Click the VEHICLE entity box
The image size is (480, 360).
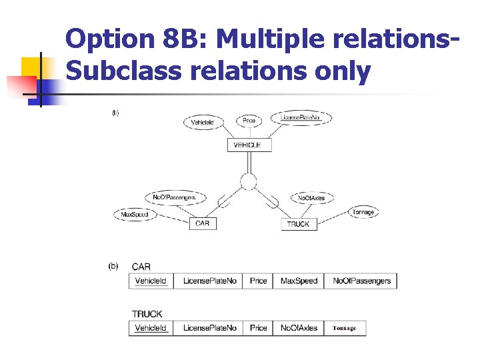[249, 145]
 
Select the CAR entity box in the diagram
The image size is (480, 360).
[203, 223]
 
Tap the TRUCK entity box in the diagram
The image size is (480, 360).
[298, 225]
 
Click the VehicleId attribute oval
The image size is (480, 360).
[203, 122]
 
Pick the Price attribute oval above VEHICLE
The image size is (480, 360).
[249, 121]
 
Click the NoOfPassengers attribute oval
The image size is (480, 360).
[175, 197]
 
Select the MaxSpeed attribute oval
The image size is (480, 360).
[135, 215]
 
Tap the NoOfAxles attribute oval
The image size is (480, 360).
[311, 198]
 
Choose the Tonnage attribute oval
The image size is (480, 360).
[363, 212]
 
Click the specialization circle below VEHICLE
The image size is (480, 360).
[249, 181]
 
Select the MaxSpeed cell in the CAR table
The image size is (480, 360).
[299, 281]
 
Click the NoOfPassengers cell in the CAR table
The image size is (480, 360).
[361, 281]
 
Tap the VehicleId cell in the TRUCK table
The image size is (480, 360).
[151, 328]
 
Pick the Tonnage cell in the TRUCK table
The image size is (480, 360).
[345, 328]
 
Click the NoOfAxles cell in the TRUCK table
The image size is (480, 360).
[299, 328]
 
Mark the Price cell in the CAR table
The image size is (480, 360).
[259, 281]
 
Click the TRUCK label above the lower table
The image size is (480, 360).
[147, 313]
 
